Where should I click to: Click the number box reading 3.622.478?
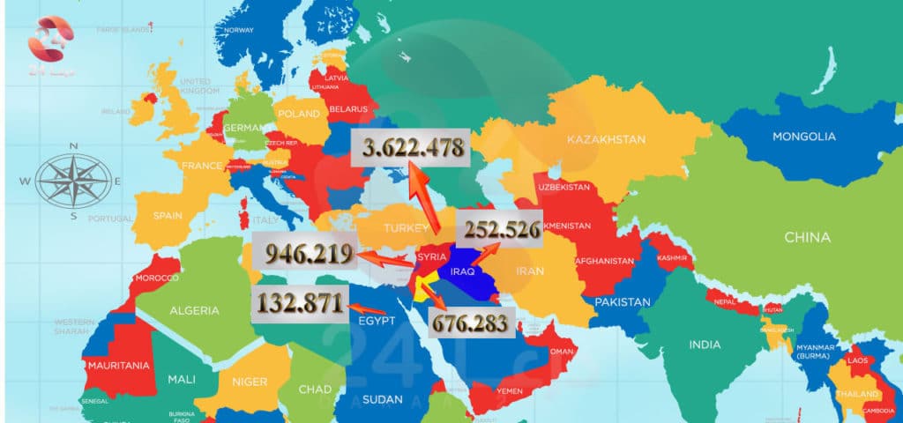tap(408, 148)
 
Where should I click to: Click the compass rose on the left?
tap(74, 180)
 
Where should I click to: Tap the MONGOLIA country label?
tap(803, 137)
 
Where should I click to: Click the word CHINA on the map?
tap(807, 237)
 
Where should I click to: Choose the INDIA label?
tap(704, 344)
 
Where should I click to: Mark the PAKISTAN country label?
tap(623, 302)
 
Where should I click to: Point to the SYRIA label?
tap(431, 256)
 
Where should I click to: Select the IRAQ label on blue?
tap(463, 271)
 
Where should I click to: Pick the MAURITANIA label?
tap(117, 364)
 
